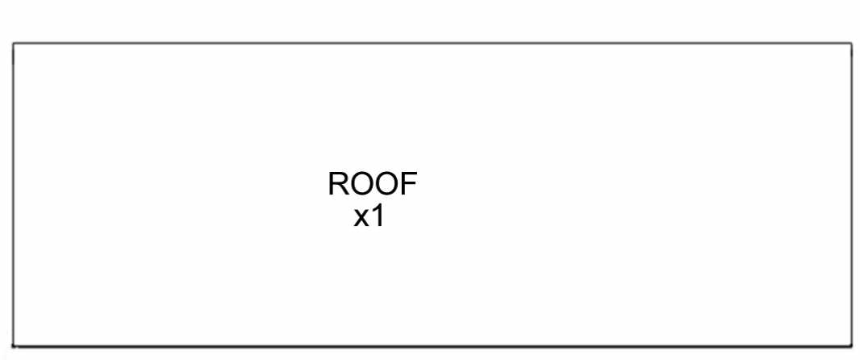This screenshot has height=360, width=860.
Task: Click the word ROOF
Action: [x=373, y=184]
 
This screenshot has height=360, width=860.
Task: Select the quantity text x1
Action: [x=369, y=217]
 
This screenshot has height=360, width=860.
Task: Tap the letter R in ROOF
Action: [x=338, y=184]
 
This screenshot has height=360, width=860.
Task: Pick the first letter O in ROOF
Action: [x=362, y=184]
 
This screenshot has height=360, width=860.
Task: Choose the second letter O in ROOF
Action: [x=387, y=184]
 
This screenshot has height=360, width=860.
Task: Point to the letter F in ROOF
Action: [x=409, y=184]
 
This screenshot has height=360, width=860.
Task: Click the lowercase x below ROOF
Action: [x=361, y=219]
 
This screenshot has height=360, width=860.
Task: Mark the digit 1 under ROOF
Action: [x=378, y=217]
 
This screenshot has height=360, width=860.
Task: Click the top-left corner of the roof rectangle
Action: [x=13, y=43]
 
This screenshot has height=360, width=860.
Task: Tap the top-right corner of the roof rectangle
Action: [x=851, y=43]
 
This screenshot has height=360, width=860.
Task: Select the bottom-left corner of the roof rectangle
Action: [x=13, y=346]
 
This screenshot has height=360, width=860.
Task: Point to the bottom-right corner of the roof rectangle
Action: [x=851, y=346]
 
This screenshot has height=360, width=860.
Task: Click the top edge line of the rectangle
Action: [x=432, y=43]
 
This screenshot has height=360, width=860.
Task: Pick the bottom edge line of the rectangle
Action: [x=432, y=346]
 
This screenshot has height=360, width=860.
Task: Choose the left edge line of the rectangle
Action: [x=13, y=195]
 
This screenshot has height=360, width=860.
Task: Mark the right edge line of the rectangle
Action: [x=851, y=195]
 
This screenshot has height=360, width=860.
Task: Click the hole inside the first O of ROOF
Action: [x=362, y=184]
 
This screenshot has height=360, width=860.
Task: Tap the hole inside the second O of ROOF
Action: [x=387, y=184]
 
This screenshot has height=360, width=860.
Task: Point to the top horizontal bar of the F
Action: [x=410, y=174]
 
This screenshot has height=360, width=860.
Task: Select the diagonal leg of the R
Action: [x=344, y=190]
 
